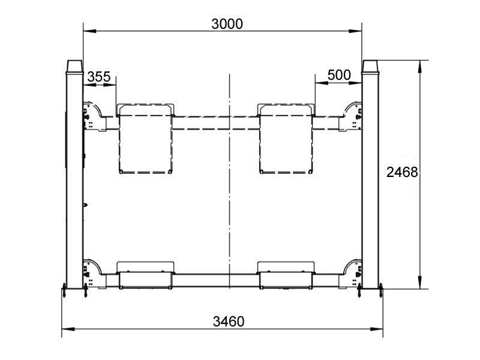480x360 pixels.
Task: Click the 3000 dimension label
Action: click(227, 24)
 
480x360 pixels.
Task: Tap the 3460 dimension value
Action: click(229, 322)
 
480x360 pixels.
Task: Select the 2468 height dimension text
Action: click(402, 172)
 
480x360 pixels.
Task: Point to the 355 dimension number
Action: click(99, 77)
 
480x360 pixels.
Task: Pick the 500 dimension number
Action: click(339, 75)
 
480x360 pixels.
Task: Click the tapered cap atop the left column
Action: click(74, 67)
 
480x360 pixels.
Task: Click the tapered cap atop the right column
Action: click(370, 67)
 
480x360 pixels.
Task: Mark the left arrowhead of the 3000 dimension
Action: click(89, 31)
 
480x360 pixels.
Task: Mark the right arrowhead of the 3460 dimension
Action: click(377, 329)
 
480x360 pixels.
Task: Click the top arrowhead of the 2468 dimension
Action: click(419, 67)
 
